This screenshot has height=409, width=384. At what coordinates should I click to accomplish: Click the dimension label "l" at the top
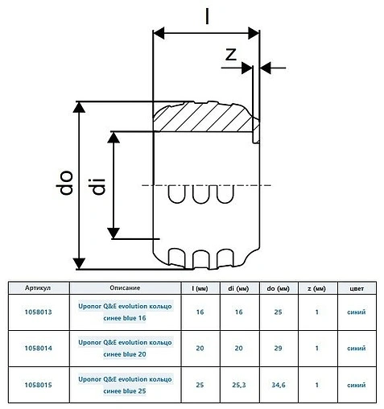207,14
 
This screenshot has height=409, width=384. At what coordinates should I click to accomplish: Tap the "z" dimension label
230,55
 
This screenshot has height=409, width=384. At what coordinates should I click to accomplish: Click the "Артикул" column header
38,287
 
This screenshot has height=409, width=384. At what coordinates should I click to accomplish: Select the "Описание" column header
125,287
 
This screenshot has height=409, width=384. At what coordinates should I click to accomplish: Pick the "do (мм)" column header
278,287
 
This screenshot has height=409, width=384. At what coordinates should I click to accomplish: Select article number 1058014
38,348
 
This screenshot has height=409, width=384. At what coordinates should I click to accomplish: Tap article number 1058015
38,385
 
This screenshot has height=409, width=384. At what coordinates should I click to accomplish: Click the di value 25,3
237,385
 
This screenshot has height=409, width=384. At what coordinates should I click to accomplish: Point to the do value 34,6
278,385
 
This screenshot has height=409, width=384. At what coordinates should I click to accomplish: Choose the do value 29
278,348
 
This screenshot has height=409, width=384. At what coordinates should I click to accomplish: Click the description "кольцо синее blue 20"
125,348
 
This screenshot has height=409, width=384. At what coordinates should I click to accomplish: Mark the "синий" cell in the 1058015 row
357,385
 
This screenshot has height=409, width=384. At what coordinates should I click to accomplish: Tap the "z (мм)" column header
318,287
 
